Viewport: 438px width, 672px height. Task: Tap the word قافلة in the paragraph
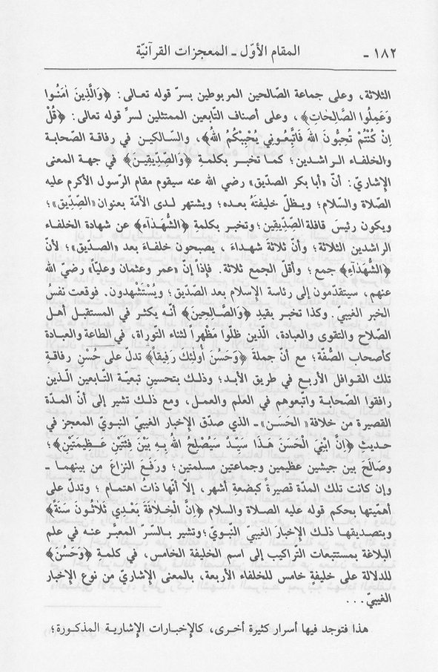click(x=325, y=231)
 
